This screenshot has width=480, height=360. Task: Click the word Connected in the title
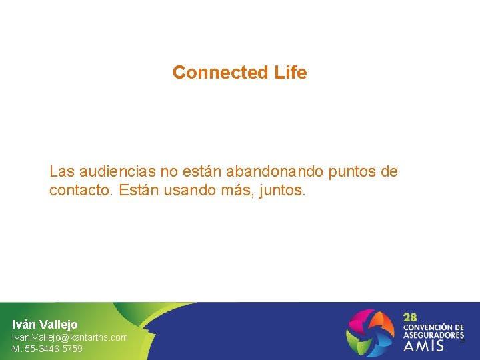point(211,73)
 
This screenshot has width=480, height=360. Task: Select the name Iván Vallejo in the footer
point(45,325)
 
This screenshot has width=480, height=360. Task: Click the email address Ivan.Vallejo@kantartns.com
point(69,337)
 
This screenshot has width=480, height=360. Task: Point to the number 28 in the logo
point(411,318)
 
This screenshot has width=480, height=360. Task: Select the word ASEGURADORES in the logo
point(433,335)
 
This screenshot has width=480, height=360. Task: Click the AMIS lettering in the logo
point(423,346)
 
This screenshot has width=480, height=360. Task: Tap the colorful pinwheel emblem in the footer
point(370,331)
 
